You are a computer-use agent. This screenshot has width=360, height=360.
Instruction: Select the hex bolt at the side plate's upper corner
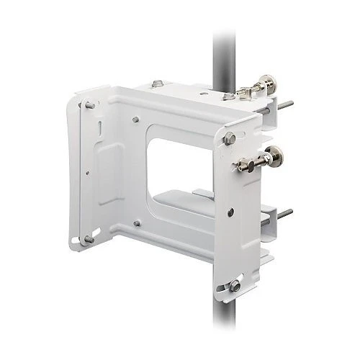click(x=230, y=139)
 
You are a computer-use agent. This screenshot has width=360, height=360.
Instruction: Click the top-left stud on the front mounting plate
click(x=89, y=106)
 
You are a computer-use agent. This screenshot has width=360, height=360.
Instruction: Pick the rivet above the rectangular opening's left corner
click(x=135, y=114)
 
